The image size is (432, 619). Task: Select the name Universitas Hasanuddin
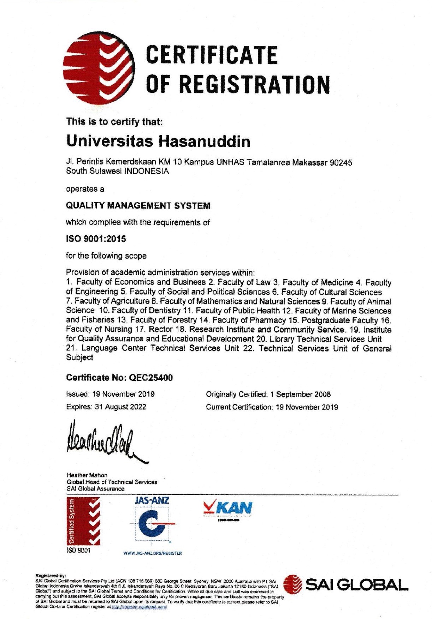158,141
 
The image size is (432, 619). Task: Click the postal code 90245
341,163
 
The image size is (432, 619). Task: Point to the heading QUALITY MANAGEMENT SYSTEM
138,205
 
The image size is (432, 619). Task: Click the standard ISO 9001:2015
96,239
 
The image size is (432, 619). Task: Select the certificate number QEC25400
151,378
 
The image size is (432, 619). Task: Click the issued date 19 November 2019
123,394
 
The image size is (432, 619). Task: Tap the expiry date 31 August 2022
120,407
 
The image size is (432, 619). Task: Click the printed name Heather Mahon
87,475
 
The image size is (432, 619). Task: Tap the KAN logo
227,509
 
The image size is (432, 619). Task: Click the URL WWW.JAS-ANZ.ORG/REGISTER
153,553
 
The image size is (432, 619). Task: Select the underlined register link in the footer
139,607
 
